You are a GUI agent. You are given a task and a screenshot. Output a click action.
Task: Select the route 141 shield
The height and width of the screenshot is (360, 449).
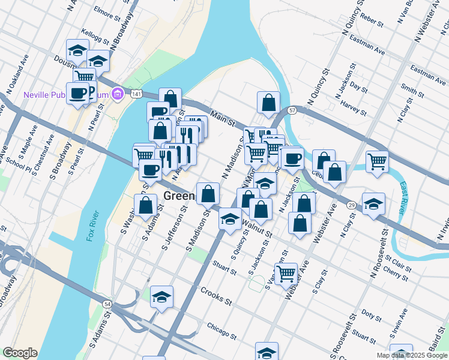pos(137,94)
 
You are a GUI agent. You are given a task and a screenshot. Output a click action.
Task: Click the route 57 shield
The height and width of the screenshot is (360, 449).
pos(292,111)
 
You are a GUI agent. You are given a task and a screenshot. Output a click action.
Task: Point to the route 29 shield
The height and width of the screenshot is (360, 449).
pos(351,205)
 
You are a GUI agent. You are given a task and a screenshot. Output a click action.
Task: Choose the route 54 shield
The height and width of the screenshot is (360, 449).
pos(107,304)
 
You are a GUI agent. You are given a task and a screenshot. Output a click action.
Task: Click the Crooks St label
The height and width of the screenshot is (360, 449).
pos(217,298)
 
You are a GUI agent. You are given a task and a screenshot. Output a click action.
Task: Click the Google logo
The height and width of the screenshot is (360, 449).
pos(20,353)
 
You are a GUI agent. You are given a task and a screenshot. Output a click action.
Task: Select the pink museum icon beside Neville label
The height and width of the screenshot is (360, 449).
pos(118,93)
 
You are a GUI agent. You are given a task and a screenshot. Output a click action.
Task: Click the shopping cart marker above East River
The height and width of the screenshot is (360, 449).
pos(377,160)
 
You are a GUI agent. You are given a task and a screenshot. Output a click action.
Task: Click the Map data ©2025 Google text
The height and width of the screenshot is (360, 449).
pos(411,355)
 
